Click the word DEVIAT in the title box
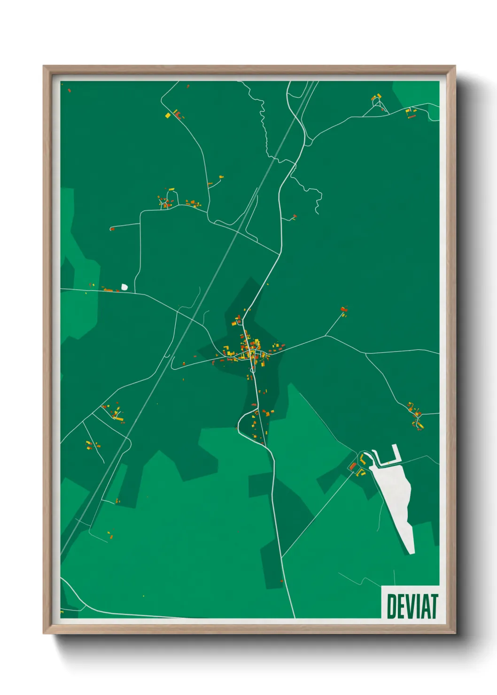(x=412, y=606)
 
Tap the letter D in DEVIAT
(x=391, y=606)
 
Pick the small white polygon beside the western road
(x=124, y=286)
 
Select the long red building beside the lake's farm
(x=353, y=466)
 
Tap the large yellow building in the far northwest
(x=167, y=115)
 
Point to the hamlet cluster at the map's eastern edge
(x=416, y=416)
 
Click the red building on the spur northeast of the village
(x=343, y=309)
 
